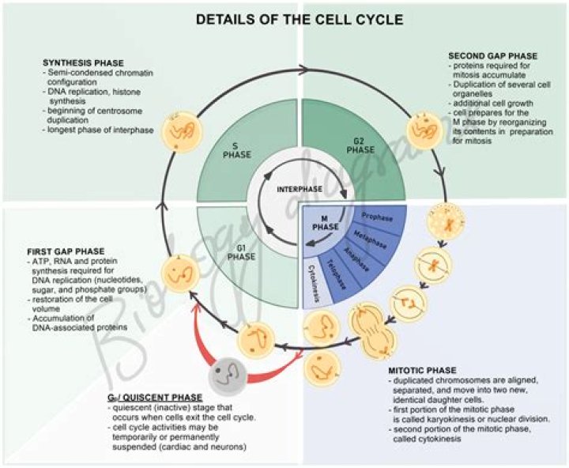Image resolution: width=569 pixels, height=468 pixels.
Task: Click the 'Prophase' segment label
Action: (378, 215)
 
